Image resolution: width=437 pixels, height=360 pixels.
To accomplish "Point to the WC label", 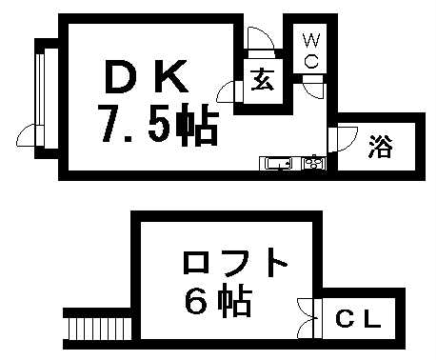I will coord(311,49).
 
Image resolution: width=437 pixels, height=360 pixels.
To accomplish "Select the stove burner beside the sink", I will coord(313,163).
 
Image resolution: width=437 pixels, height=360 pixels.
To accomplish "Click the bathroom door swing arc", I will coord(337,139).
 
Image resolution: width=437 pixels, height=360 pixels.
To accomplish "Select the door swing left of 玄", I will coord(228,91).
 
